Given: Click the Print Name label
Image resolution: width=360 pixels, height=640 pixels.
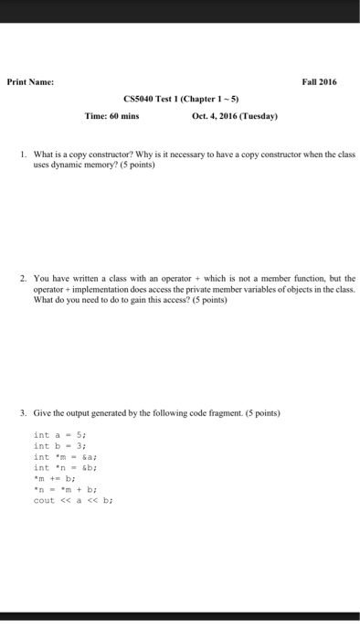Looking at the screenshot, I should pos(30,81).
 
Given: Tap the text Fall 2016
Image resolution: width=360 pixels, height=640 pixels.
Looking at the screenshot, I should pos(319,81).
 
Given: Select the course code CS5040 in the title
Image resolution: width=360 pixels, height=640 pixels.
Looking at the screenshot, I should pos(138,100).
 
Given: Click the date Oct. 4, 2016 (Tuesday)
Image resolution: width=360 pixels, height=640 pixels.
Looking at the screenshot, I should pos(235,117).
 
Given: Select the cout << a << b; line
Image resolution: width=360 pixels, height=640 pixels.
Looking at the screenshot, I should pos(72,500).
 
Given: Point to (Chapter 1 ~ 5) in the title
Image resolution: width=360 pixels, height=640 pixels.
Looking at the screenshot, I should pos(215,100).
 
